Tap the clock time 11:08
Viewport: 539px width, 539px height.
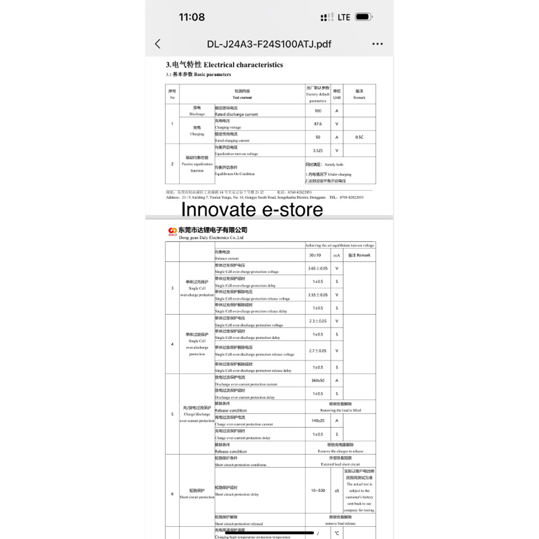192,17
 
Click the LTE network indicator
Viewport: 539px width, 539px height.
344,17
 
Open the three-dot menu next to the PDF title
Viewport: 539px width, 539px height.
377,44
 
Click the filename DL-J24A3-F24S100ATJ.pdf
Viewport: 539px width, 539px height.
269,44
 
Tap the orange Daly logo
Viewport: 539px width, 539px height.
172,230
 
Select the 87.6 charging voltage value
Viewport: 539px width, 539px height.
317,124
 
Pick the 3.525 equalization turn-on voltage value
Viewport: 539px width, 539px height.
317,150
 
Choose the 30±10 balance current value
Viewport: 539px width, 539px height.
315,255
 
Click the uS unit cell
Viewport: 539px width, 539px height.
337,490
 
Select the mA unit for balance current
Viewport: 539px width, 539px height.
337,255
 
